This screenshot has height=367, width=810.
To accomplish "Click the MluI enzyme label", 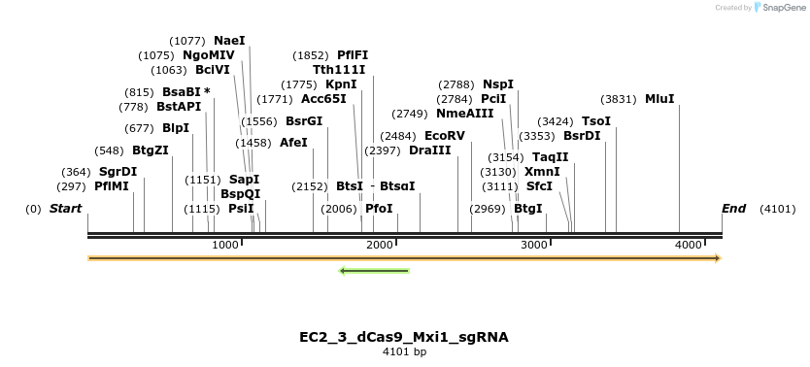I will [659, 98].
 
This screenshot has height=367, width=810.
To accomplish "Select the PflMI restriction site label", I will [112, 186].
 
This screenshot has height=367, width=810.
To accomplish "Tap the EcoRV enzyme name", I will [445, 135].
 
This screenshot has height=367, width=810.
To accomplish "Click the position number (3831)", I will [619, 98].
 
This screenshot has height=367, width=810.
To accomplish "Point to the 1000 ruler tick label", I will [224, 246].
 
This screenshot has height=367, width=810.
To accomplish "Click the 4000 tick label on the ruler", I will [689, 246].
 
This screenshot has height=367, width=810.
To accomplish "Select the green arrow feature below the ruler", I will [374, 270].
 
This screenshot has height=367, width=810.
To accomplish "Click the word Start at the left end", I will [65, 209].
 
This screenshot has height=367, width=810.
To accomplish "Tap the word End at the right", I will [733, 209].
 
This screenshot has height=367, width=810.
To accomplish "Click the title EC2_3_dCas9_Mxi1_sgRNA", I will [404, 337].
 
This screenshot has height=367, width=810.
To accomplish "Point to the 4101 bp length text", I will [404, 351].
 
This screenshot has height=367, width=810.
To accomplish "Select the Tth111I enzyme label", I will [339, 70].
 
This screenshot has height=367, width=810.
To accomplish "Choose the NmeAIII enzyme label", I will [471, 113].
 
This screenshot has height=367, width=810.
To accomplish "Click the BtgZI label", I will [151, 150].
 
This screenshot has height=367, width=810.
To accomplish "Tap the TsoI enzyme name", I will [596, 120].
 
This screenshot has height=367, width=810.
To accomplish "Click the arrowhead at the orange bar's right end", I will [718, 258].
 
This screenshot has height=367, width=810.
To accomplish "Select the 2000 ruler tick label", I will [379, 246].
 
